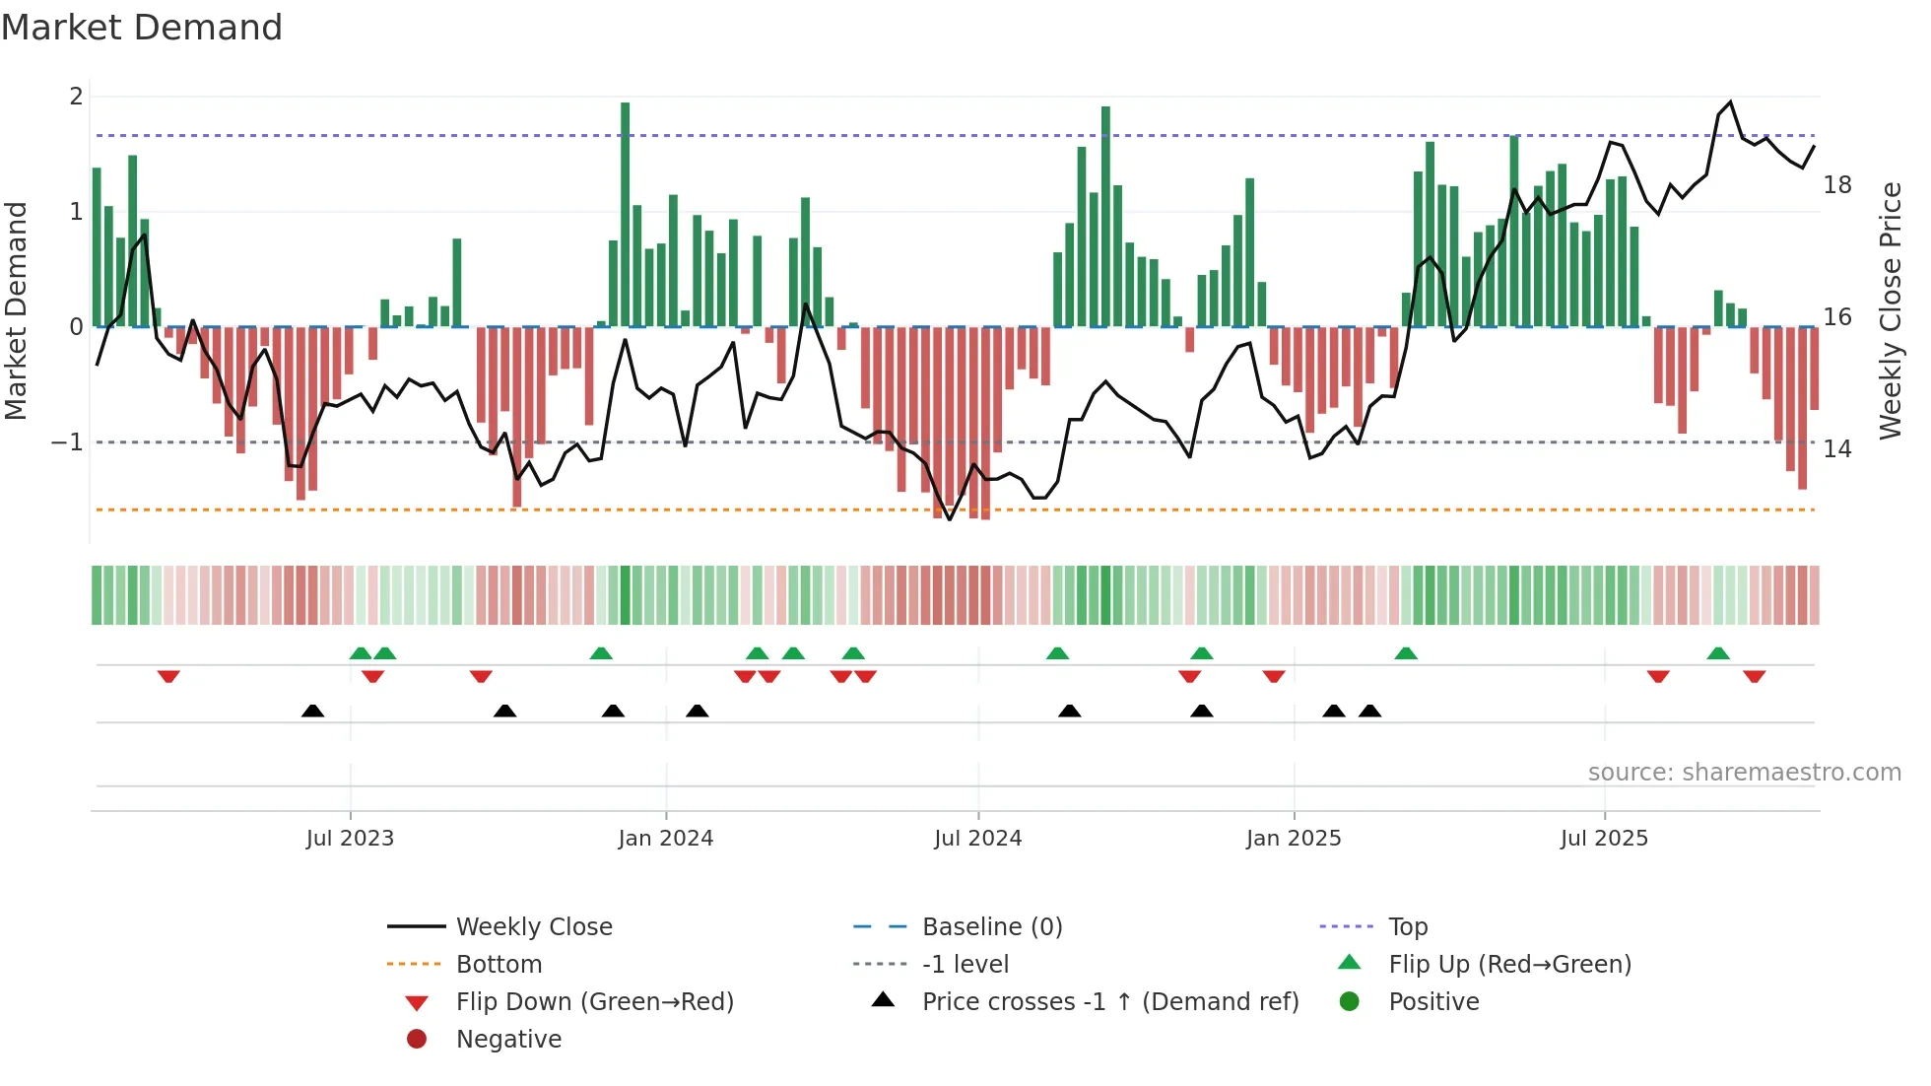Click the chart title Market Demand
pyautogui.click(x=142, y=28)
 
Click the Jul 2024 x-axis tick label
pyautogui.click(x=977, y=839)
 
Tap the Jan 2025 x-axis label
pyautogui.click(x=1293, y=839)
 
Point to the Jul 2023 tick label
pyautogui.click(x=350, y=839)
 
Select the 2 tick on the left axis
pyautogui.click(x=76, y=97)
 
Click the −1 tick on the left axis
pyautogui.click(x=67, y=442)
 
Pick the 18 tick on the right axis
pyautogui.click(x=1837, y=185)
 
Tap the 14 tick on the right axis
pyautogui.click(x=1837, y=449)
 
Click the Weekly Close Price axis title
pyautogui.click(x=1891, y=310)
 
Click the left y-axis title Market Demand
pyautogui.click(x=17, y=310)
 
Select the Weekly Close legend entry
pyautogui.click(x=533, y=927)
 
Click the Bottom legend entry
pyautogui.click(x=499, y=965)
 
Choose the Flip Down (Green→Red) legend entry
pyautogui.click(x=594, y=1002)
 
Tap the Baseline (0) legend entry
pyautogui.click(x=991, y=927)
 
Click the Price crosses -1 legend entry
pyautogui.click(x=1109, y=1002)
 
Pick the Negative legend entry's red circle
pyautogui.click(x=417, y=1040)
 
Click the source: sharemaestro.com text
pyautogui.click(x=1744, y=773)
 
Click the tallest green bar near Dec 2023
pyautogui.click(x=625, y=212)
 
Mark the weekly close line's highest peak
pyautogui.click(x=1730, y=102)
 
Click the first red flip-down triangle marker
pyautogui.click(x=168, y=676)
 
